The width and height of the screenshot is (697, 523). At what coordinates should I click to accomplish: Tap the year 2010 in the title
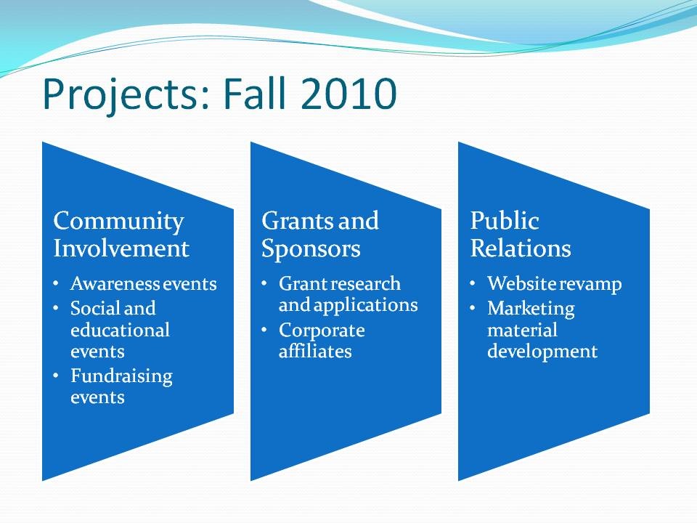point(348,94)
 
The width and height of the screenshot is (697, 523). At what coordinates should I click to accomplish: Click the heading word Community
point(118,222)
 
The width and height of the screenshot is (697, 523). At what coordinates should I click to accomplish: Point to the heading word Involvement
point(121,248)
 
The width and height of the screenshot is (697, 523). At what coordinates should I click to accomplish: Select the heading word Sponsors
point(311,249)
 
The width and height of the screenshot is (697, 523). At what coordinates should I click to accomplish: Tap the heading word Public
point(505,221)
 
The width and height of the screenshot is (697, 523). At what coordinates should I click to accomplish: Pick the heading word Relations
point(520,248)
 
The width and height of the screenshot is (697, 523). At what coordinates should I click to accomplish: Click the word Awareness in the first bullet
point(115,284)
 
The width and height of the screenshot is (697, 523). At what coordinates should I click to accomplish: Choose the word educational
point(120,330)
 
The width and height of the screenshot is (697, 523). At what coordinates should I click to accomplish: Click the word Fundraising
point(121,377)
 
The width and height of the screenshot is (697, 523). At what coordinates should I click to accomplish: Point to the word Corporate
point(322,331)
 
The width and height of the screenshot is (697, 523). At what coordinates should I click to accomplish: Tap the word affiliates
point(315,351)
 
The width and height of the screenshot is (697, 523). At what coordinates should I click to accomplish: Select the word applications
point(365,306)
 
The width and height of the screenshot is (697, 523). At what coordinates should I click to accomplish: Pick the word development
point(542,352)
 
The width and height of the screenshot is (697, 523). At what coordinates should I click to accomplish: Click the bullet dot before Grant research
point(264,283)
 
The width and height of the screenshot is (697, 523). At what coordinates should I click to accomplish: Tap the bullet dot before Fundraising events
point(56,376)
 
